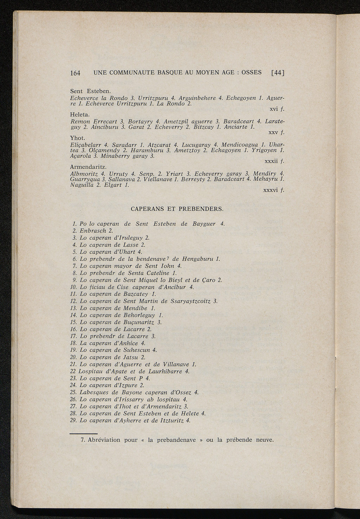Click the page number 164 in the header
75,73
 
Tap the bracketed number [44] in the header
277,73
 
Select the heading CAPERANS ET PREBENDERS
177,209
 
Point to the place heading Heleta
80,115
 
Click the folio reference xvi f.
277,109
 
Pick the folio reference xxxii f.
274,161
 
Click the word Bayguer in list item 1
204,224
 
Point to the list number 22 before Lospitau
73,371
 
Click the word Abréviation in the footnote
104,440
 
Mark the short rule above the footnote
83,434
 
